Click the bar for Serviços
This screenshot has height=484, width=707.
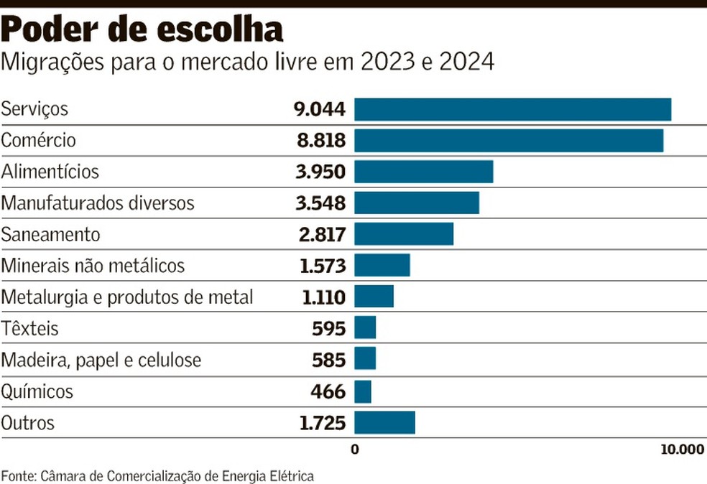pyautogui.click(x=512, y=109)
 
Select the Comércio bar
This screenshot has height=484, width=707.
pyautogui.click(x=509, y=141)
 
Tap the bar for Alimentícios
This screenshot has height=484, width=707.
pyautogui.click(x=423, y=172)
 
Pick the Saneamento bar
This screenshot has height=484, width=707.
pyautogui.click(x=404, y=234)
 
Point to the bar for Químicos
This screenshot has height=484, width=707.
pyautogui.click(x=363, y=392)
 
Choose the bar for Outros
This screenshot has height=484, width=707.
pyautogui.click(x=384, y=423)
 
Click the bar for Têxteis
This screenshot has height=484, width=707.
pyautogui.click(x=365, y=327)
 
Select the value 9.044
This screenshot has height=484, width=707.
pyautogui.click(x=319, y=109)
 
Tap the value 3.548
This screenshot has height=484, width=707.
pyautogui.click(x=320, y=203)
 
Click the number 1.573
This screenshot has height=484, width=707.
pyautogui.click(x=323, y=266)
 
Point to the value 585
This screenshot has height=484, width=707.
pyautogui.click(x=328, y=360)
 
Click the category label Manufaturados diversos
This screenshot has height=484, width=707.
pyautogui.click(x=98, y=203)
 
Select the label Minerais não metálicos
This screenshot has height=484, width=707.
pyautogui.click(x=93, y=266)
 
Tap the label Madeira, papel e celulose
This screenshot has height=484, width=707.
pyautogui.click(x=101, y=360)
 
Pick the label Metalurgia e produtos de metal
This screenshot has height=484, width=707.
pyautogui.click(x=127, y=297)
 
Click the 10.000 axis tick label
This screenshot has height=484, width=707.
pyautogui.click(x=681, y=450)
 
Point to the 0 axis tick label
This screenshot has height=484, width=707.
pyautogui.click(x=354, y=450)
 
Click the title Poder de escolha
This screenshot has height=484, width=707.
pyautogui.click(x=142, y=30)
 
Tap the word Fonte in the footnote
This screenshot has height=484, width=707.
pyautogui.click(x=17, y=475)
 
